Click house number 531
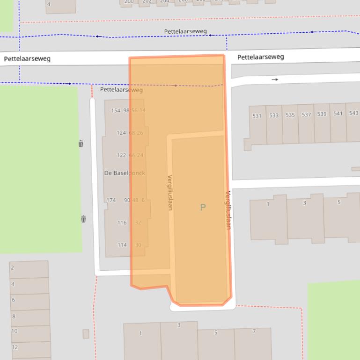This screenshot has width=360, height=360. (257, 115)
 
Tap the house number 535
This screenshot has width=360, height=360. (290, 115)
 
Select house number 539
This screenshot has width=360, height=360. (322, 114)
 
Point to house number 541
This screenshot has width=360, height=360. (338, 114)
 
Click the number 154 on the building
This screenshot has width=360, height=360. (116, 111)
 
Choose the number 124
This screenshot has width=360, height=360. (121, 133)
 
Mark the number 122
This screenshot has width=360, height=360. (121, 155)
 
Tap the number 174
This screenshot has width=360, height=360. (111, 200)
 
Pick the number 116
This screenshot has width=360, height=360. (122, 223)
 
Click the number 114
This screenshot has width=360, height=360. (122, 245)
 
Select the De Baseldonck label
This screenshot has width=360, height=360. (125, 173)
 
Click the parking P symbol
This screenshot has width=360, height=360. (203, 207)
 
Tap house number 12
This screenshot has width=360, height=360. (15, 347)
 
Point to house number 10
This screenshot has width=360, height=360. (15, 331)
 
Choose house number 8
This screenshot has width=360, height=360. (14, 317)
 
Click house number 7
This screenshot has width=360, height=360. (254, 331)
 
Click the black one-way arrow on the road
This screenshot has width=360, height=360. (275, 80)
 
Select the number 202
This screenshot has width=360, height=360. (147, 1)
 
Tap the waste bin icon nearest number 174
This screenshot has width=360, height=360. (83, 219)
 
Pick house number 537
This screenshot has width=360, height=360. (306, 115)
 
